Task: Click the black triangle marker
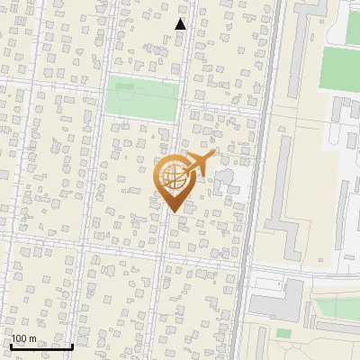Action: tap(180, 24)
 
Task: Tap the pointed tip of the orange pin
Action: tap(174, 212)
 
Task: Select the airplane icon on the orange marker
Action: tap(199, 164)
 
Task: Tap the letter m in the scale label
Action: tap(31, 338)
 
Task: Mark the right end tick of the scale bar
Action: tap(72, 345)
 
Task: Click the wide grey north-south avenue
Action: tap(258, 180)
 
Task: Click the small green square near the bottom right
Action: tap(284, 334)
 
